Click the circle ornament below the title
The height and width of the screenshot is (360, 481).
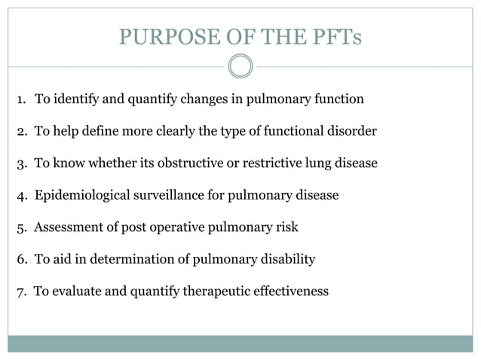pyautogui.click(x=240, y=66)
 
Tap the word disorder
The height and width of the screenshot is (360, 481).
pyautogui.click(x=351, y=131)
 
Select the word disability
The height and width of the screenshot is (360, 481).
pyautogui.click(x=287, y=259)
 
